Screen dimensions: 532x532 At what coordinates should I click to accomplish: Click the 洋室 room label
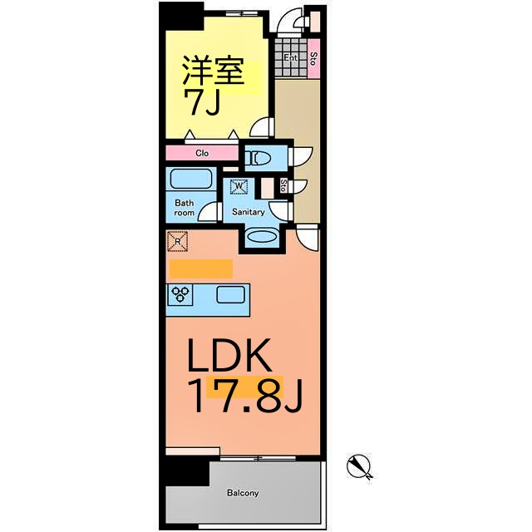(x=214, y=71)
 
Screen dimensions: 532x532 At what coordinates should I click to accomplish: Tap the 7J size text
(x=201, y=104)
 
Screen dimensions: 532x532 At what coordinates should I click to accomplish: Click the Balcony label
(x=243, y=493)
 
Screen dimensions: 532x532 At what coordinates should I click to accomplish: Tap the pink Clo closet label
(x=202, y=153)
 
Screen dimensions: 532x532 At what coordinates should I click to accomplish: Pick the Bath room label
(x=184, y=207)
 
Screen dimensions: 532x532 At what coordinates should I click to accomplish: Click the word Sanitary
(x=248, y=212)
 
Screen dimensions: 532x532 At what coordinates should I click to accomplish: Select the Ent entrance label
(x=290, y=57)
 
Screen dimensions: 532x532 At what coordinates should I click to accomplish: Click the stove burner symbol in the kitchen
(x=181, y=293)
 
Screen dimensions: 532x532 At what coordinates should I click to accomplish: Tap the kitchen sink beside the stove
(x=229, y=293)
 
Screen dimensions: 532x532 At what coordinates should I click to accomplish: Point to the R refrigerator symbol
(x=179, y=242)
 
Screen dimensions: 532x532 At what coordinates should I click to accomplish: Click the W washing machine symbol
(x=239, y=188)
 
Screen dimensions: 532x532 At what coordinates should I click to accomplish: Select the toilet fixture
(x=260, y=156)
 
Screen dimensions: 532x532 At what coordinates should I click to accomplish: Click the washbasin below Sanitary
(x=262, y=237)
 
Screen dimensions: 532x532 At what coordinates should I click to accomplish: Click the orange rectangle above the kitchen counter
(x=200, y=268)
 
